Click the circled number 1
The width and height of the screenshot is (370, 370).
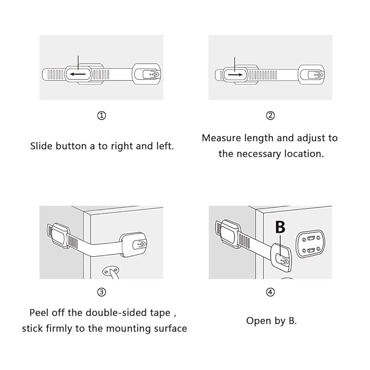[x=101, y=116]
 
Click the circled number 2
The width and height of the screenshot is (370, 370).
[x=270, y=116]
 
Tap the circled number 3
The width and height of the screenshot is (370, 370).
[x=101, y=292]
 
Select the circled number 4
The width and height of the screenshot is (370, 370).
[x=270, y=292]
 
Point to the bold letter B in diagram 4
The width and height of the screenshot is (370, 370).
[x=280, y=227]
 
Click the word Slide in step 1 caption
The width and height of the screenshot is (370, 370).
[x=41, y=146]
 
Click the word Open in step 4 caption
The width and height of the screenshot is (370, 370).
[x=258, y=320]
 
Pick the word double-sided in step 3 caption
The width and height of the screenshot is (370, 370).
[x=116, y=313]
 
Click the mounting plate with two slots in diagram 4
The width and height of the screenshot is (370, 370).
[x=310, y=243]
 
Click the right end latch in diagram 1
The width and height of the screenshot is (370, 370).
[x=148, y=74]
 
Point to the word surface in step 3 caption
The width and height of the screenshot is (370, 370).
[x=169, y=329]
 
